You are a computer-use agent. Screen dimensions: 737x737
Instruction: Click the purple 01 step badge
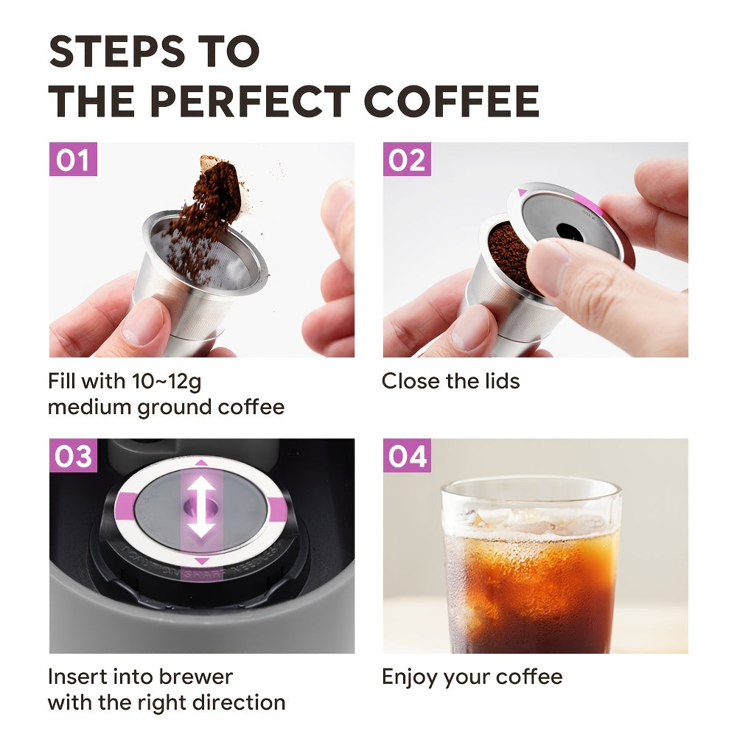73,160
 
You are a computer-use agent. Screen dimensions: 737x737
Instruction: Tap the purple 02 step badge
407,160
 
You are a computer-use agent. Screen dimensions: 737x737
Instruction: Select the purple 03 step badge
73,456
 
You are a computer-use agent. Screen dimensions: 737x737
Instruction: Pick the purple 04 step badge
407,456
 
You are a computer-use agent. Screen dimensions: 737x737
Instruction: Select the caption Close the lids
450,381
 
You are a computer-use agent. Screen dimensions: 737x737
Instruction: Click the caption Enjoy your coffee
472,677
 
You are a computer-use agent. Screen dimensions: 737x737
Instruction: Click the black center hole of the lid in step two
567,230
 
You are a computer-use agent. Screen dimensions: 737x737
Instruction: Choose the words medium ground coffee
166,407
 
